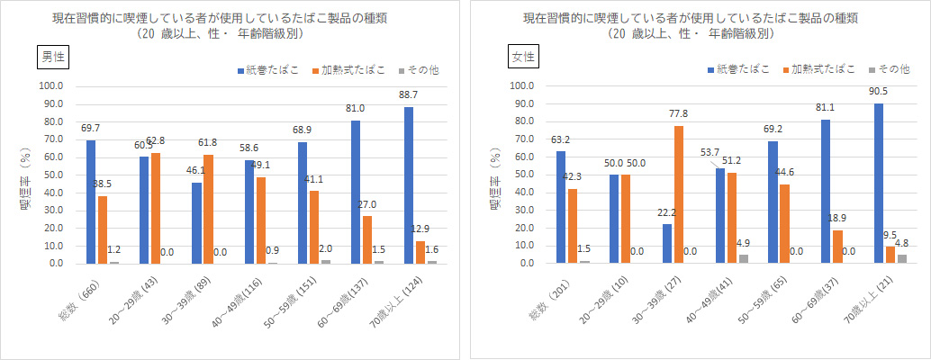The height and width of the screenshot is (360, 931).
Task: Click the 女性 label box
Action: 523,56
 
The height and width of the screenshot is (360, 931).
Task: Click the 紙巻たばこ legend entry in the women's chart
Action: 739,70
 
